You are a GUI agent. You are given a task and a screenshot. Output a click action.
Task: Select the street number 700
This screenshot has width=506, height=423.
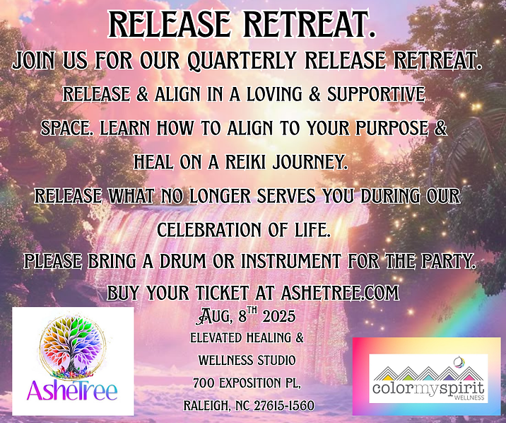[x=204, y=383]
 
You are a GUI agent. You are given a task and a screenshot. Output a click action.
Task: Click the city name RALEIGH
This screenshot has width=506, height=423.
[x=206, y=405]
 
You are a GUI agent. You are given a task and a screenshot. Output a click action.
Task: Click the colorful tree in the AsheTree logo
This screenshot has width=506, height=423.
[x=71, y=347]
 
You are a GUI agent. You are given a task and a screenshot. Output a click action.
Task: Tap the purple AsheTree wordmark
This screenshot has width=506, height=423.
[x=72, y=390]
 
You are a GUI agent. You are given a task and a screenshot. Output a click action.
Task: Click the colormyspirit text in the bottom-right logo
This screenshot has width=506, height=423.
[x=428, y=388]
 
